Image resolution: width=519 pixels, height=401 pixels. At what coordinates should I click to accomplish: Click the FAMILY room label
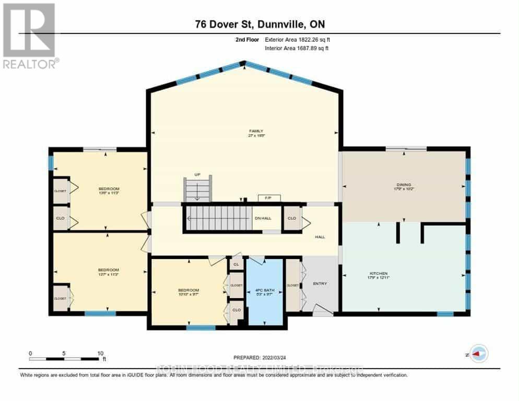(256, 131)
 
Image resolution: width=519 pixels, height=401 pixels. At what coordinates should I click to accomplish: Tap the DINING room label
(404, 184)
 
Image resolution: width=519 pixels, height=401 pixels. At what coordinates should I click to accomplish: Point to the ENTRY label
(319, 284)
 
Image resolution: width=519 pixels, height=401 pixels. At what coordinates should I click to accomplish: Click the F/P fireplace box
(269, 198)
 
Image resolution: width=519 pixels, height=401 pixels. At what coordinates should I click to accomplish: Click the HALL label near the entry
(320, 237)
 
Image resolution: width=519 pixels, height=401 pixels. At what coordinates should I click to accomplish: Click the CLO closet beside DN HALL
(292, 218)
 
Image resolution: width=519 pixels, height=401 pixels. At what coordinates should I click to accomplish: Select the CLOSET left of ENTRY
(292, 285)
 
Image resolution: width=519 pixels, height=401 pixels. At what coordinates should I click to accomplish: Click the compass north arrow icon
(478, 353)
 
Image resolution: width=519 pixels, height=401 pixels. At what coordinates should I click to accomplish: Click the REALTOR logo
(29, 36)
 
